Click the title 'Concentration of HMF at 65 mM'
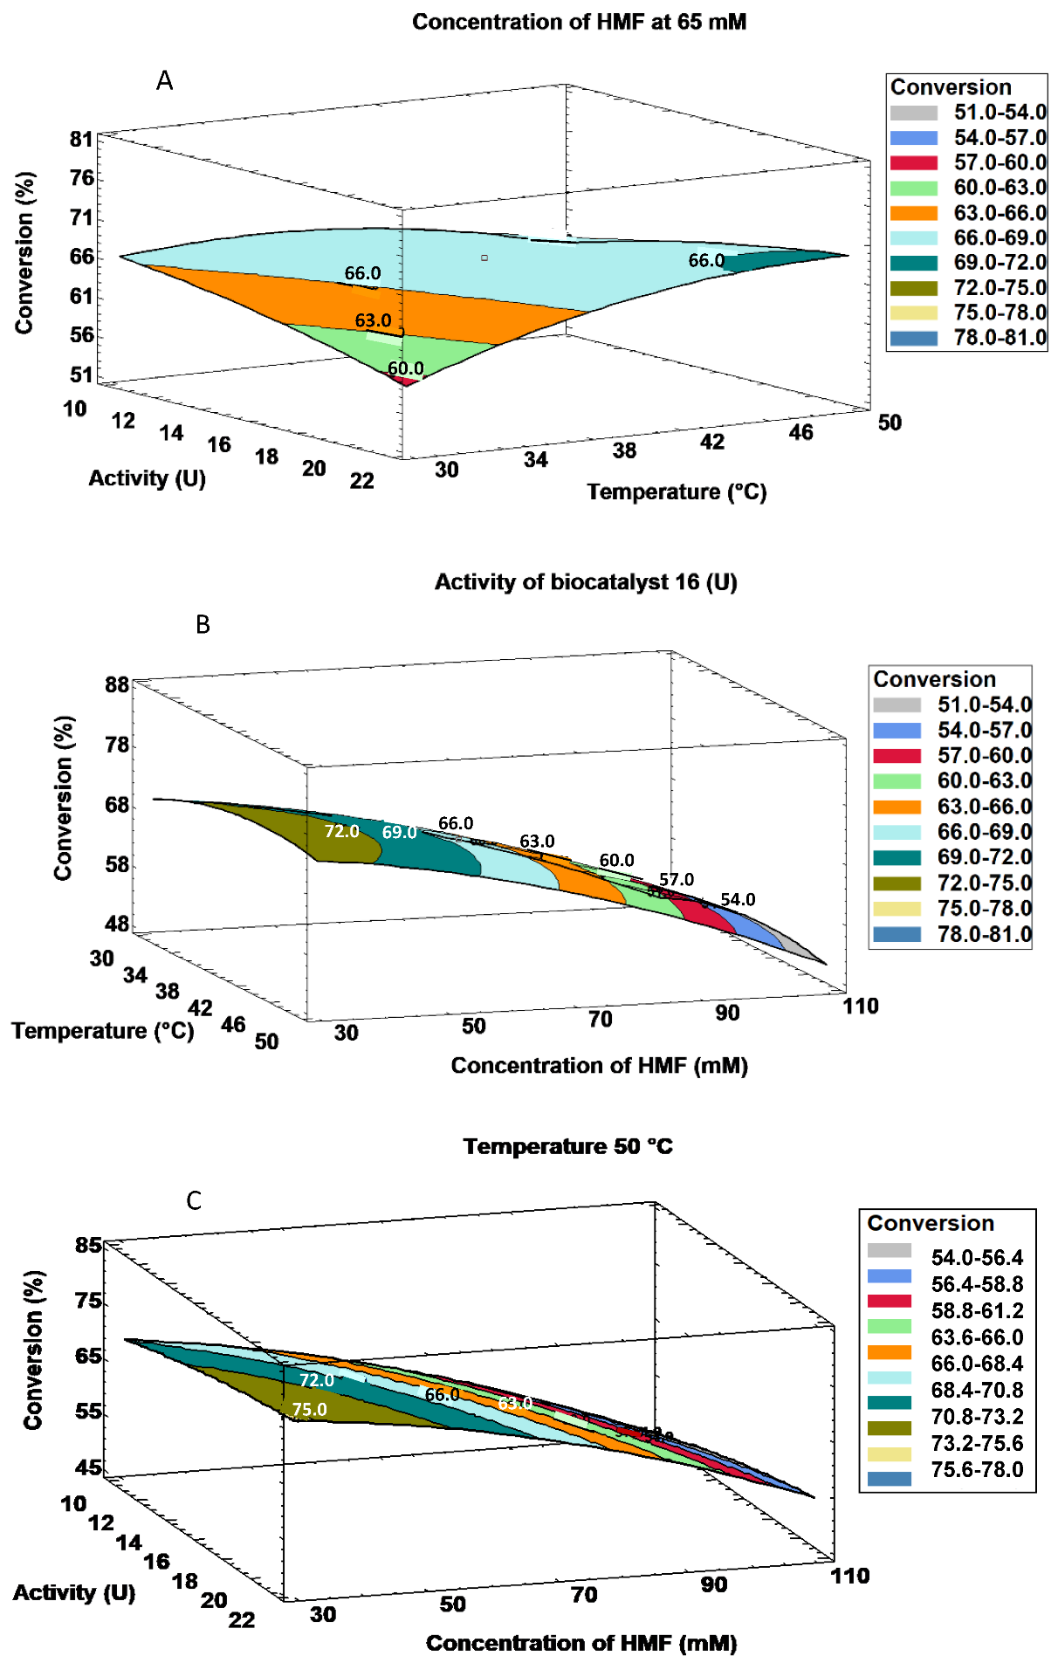[x=579, y=22]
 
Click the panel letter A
[x=164, y=80]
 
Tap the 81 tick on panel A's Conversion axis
[x=81, y=139]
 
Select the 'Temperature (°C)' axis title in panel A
[x=677, y=491]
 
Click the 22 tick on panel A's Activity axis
[x=361, y=480]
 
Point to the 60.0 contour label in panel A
[x=406, y=368]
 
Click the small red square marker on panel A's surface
[x=484, y=258]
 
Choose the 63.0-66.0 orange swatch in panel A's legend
[x=914, y=213]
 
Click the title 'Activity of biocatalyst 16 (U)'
[x=586, y=581]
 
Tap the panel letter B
[x=203, y=624]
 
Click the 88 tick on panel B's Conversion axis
[x=117, y=684]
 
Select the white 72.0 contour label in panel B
[x=341, y=831]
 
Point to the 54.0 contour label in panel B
[x=738, y=899]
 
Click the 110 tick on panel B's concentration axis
[x=860, y=1006]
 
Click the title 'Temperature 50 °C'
[x=567, y=1146]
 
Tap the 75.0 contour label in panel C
[x=309, y=1409]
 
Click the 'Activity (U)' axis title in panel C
[x=74, y=1592]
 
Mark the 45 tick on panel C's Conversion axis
[x=88, y=1467]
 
